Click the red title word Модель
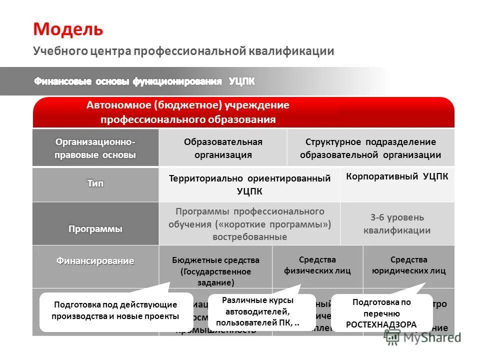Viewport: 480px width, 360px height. point(68,29)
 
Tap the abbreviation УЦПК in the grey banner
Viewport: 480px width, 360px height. point(241,81)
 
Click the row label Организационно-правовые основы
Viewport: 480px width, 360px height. point(95,148)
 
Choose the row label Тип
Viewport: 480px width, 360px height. point(95,183)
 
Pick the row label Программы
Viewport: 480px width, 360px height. point(95,229)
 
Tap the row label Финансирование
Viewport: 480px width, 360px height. point(95,260)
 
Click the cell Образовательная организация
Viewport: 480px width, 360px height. point(223,148)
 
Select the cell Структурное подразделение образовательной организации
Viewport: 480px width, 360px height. point(370,148)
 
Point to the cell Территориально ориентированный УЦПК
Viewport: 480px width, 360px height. point(249,184)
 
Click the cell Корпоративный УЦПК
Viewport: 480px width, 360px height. point(397,176)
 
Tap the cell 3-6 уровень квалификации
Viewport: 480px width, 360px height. point(397,223)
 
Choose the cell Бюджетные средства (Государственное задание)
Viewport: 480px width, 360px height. point(215,270)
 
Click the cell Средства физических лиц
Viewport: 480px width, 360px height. point(317,265)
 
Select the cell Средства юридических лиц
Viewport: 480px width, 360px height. point(408,265)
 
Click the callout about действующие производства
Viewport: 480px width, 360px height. point(116,310)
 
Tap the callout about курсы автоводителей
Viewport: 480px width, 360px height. point(258,311)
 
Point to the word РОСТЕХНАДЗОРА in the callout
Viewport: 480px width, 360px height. point(381,324)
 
